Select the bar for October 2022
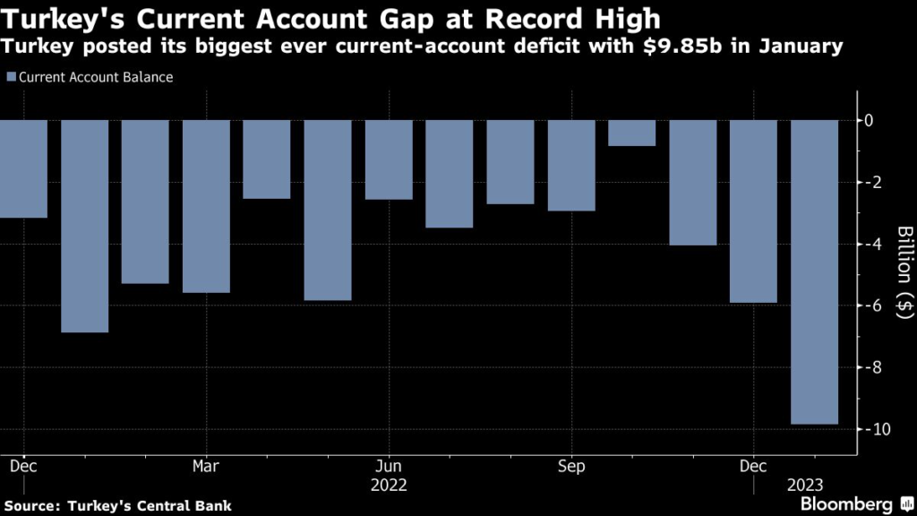[x=632, y=133]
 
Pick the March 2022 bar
[x=206, y=206]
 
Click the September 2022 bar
[x=571, y=166]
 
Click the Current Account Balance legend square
[x=10, y=77]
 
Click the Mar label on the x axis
[x=206, y=467]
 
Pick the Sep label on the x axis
[x=571, y=467]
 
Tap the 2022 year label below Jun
[x=389, y=486]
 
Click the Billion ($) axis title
[x=905, y=274]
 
